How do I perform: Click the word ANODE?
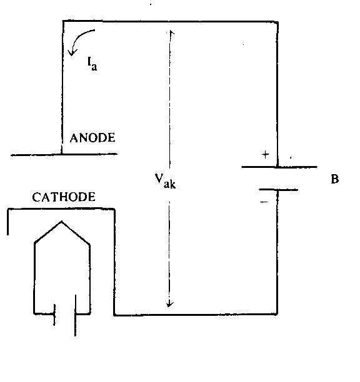[92, 138]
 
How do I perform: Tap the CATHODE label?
[64, 197]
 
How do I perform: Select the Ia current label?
[92, 63]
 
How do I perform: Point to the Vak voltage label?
[165, 181]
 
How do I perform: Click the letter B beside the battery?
[335, 179]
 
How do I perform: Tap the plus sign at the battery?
[265, 154]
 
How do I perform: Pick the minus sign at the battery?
[264, 202]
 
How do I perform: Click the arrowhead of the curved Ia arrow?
[72, 52]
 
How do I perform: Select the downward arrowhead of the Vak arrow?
[169, 304]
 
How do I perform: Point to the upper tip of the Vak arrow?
[171, 31]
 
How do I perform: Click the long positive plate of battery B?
[279, 167]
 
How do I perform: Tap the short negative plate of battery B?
[278, 190]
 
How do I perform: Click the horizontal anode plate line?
[64, 154]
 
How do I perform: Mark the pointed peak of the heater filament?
[61, 222]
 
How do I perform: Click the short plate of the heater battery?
[54, 315]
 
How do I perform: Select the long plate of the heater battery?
[76, 315]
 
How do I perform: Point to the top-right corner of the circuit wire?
[277, 22]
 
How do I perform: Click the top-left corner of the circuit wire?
[63, 21]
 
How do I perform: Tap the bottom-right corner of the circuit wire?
[277, 314]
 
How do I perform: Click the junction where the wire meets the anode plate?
[62, 154]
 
